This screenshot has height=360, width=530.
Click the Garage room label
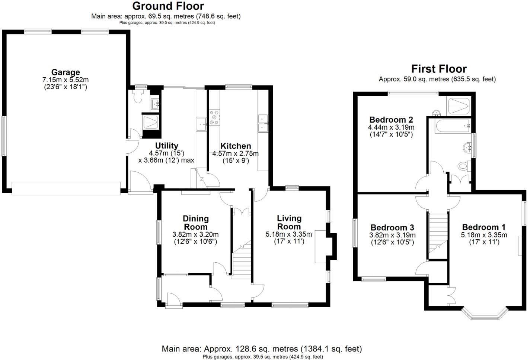66,72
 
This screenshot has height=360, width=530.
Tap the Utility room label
167,146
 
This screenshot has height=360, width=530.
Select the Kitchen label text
236,146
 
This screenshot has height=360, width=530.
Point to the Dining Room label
196,223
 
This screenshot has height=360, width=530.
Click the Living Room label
289,222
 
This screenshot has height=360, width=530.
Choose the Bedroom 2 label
391,120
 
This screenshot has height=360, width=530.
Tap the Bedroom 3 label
392,227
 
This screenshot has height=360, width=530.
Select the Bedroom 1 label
483,227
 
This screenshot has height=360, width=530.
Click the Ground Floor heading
168,6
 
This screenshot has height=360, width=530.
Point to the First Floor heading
439,69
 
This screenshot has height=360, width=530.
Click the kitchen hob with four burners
214,117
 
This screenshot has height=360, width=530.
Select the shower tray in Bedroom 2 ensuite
459,106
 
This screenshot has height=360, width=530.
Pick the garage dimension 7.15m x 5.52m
66,80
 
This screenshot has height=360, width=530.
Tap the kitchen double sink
263,123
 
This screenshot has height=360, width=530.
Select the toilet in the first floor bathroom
464,166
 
